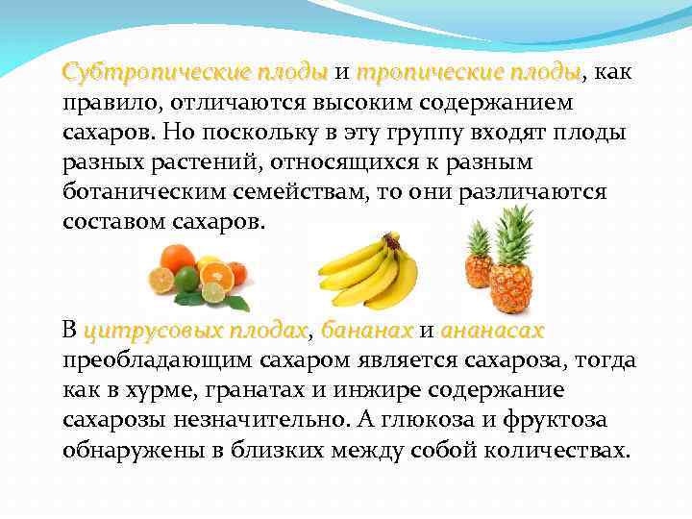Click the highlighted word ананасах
click(x=492, y=332)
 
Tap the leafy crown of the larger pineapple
click(x=514, y=232)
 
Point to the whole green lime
click(x=186, y=278)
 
